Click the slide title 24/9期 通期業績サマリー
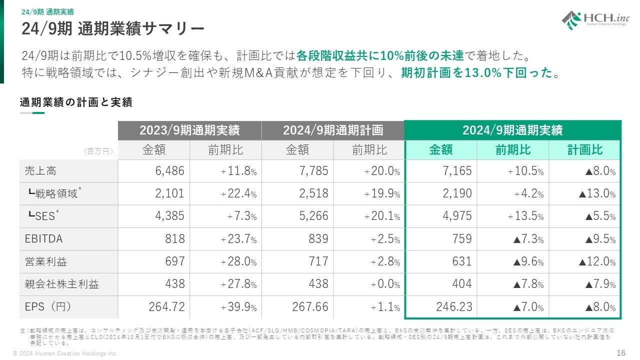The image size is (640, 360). tap(113, 28)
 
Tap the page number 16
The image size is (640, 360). tap(620, 353)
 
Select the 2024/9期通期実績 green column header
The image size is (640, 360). tap(512, 130)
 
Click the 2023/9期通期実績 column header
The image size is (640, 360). tap(189, 130)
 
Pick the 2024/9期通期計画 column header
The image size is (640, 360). tap(333, 130)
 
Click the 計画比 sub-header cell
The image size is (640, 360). tap(584, 150)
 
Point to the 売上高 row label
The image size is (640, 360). tap(40, 171)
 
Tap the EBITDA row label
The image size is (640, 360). tap(44, 239)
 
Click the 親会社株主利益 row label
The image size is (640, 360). tap(62, 284)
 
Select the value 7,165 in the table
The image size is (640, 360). tap(457, 171)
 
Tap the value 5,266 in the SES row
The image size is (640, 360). tap(313, 216)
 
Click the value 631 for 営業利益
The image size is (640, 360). tap(461, 261)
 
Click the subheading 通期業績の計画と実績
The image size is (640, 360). tap(76, 102)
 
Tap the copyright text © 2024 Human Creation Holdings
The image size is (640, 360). tap(65, 353)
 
